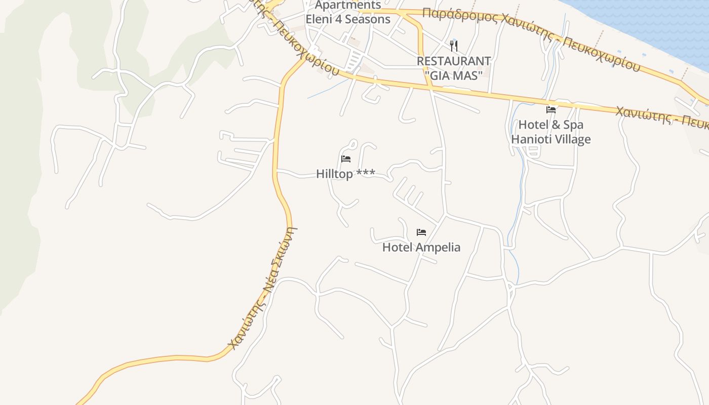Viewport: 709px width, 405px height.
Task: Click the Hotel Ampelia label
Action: (421, 247)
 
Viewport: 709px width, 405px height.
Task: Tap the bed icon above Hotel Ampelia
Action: (421, 232)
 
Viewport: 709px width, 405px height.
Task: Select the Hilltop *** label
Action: (345, 174)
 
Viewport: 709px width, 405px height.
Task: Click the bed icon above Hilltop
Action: (346, 159)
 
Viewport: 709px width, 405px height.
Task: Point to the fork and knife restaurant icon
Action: (454, 46)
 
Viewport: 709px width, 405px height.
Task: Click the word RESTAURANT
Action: (453, 61)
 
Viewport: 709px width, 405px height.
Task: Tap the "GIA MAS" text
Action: (453, 75)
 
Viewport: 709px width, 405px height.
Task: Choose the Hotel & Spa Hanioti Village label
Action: (550, 132)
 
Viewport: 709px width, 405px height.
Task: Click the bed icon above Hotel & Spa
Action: (550, 109)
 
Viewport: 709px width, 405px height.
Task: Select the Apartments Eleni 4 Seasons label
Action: (348, 13)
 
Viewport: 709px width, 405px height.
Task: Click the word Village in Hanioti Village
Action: (571, 139)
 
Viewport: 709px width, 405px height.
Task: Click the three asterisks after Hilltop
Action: (366, 174)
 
